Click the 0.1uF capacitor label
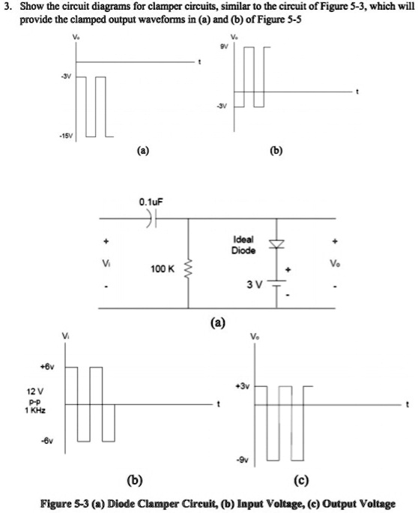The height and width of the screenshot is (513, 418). coord(151,202)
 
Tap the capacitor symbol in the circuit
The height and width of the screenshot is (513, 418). coord(151,220)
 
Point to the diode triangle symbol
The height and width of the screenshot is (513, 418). coord(279,244)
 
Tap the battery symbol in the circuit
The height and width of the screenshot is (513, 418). coord(279,283)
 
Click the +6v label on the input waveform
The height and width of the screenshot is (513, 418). coord(50,368)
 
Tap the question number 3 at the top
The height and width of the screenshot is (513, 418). coord(7,7)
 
